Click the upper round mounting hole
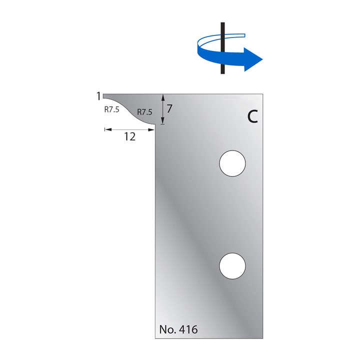tap(233, 163)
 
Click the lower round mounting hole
tap(233, 265)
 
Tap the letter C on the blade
tap(252, 116)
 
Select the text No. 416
tap(178, 329)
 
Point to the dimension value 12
tap(129, 137)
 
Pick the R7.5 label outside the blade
tap(111, 110)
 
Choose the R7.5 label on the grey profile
tap(144, 112)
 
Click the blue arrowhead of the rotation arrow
tap(254, 58)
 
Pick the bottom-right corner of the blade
tap(263, 338)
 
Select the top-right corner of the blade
tap(263, 93)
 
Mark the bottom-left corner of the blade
tap(155, 338)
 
